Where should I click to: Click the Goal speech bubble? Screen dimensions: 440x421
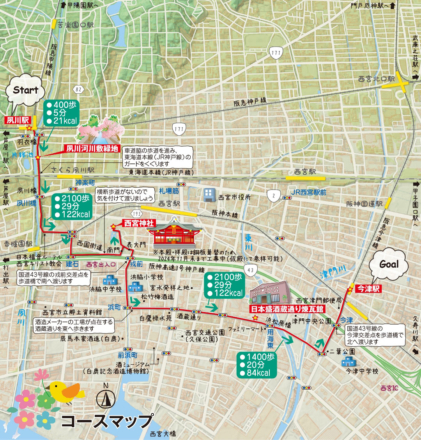click(389, 264)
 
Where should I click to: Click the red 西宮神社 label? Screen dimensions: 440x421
click(139, 223)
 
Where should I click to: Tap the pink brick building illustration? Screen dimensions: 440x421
click(270, 292)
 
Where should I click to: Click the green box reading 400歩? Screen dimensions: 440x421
click(62, 113)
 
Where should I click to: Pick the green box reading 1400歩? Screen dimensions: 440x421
click(256, 365)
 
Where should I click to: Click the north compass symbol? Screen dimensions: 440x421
click(105, 396)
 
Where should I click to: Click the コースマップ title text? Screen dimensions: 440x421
click(106, 421)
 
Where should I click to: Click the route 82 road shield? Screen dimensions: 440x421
click(79, 89)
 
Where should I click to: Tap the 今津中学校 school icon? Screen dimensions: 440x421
click(347, 362)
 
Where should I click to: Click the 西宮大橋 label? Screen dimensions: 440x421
click(163, 434)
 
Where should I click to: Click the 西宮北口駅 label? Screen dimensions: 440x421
click(376, 79)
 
